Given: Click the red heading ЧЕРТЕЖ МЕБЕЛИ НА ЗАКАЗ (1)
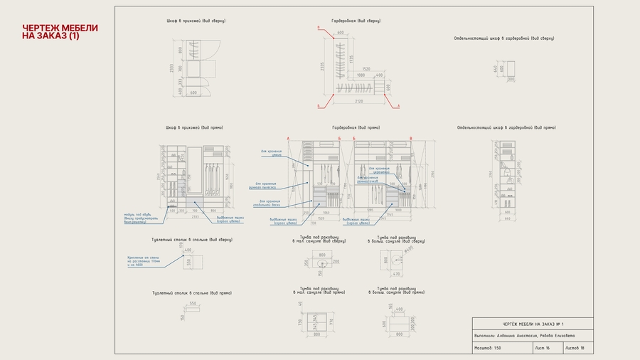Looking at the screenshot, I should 60,31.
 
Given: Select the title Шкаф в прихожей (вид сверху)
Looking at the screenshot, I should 195,21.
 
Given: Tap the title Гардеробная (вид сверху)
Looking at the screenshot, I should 356,21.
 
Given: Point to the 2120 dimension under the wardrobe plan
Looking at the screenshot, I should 358,101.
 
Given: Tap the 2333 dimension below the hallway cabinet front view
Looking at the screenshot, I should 196,216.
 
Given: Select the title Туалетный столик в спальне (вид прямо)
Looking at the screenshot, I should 191,292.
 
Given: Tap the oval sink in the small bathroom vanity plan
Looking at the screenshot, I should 322,263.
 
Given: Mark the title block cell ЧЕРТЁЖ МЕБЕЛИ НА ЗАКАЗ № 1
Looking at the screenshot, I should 533,324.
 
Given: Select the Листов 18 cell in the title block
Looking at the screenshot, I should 577,348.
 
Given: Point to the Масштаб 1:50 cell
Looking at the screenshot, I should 502,348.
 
